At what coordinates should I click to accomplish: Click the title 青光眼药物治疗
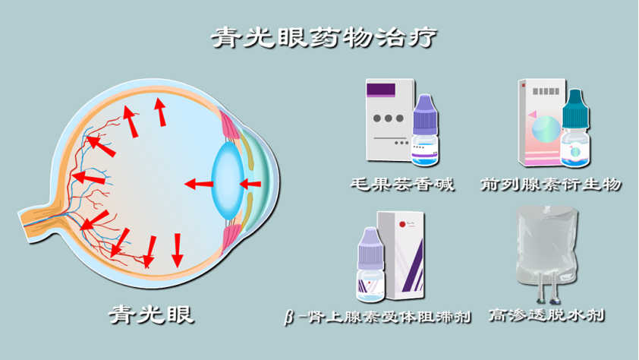[x=324, y=38]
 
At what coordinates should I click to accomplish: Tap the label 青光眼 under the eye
[x=151, y=314]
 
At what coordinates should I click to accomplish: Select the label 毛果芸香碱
[x=402, y=185]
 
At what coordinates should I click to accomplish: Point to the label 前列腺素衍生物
[x=550, y=185]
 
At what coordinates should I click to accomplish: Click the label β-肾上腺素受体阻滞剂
[x=377, y=317]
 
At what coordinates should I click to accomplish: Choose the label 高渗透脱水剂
[x=546, y=315]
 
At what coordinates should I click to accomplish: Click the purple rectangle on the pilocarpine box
[x=381, y=90]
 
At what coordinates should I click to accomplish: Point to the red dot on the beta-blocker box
[x=403, y=224]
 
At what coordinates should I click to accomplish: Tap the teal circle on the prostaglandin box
[x=546, y=129]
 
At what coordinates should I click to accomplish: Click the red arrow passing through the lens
[x=250, y=185]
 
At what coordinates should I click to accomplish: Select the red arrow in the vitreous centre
[x=199, y=184]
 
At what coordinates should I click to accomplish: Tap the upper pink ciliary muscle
[x=230, y=126]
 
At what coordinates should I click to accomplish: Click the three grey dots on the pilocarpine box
[x=389, y=118]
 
